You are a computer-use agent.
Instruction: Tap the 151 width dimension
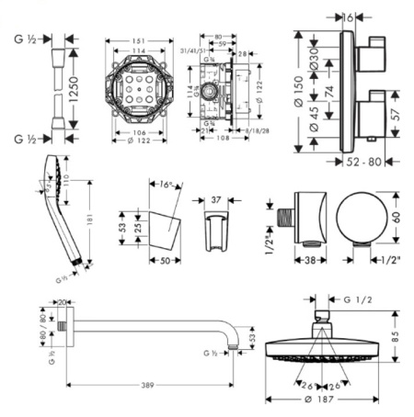tap(139, 40)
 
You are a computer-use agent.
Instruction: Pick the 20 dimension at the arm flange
tap(63, 302)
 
